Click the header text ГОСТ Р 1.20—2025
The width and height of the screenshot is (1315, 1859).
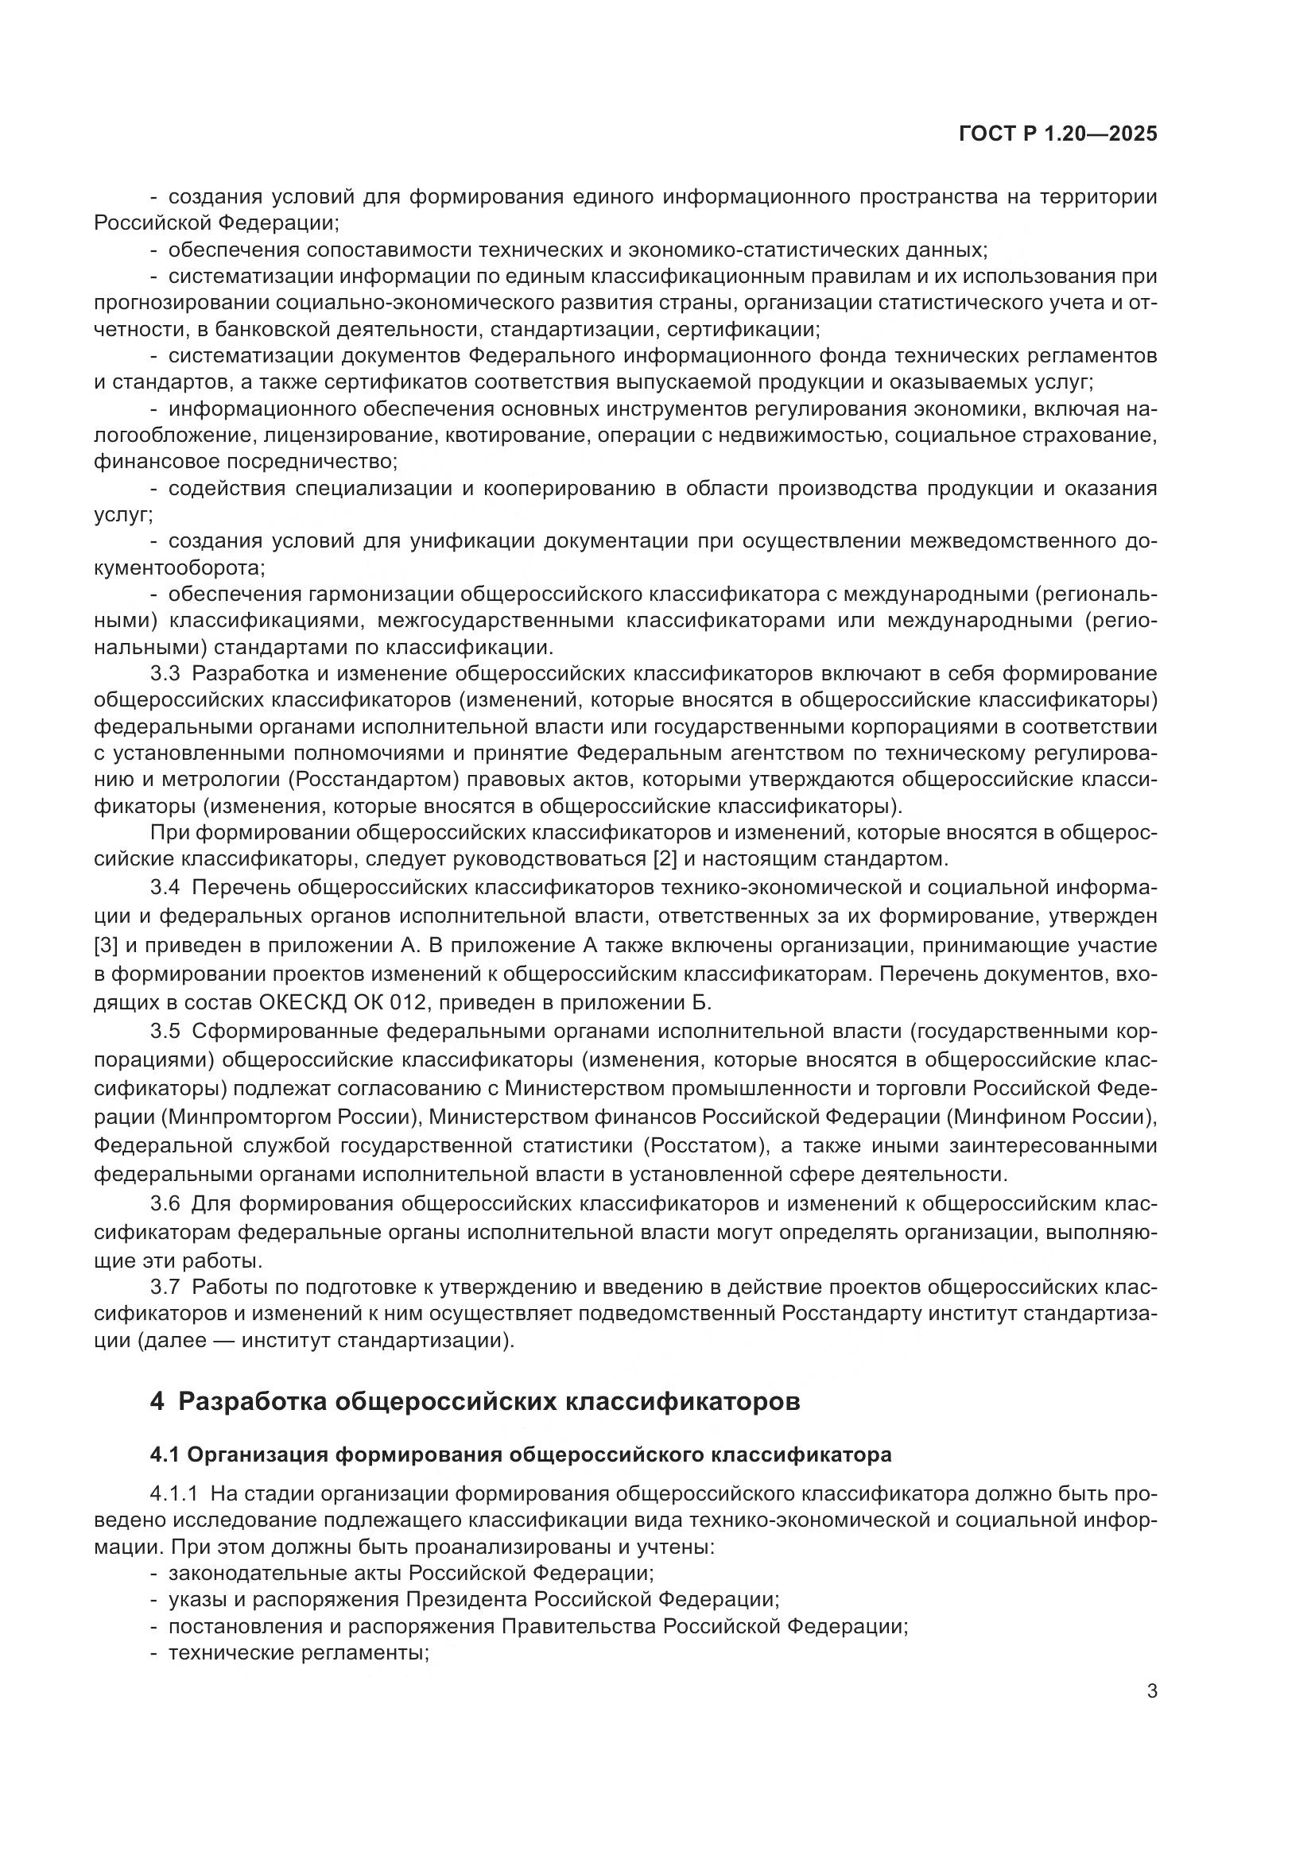(1057, 134)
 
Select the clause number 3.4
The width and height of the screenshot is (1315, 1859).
(165, 889)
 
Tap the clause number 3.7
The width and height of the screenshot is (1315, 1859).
(165, 1288)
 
